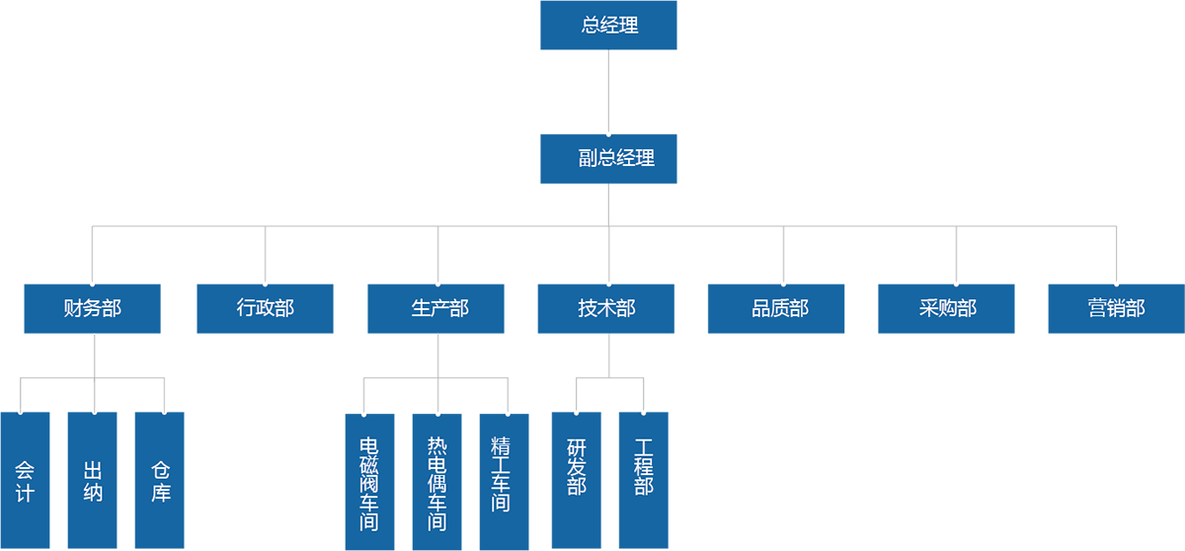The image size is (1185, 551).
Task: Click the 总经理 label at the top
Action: [x=609, y=26]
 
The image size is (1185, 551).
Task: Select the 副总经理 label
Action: [x=616, y=158]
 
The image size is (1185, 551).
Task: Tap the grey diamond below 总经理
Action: [x=608, y=92]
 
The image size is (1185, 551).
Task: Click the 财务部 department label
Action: [x=93, y=308]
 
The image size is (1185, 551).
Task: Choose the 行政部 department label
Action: [x=265, y=308]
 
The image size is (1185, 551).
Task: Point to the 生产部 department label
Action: [x=438, y=308]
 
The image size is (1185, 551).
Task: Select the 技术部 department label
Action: [x=606, y=308]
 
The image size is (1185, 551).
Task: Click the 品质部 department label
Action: [x=780, y=308]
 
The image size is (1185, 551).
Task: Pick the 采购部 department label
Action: [x=947, y=308]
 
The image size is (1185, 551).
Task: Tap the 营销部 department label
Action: [x=1116, y=308]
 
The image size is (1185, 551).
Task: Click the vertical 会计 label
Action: [x=25, y=480]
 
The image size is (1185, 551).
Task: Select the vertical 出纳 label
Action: [x=94, y=480]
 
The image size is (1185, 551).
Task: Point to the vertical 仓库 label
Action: [x=161, y=480]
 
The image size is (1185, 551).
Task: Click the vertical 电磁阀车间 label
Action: [x=368, y=483]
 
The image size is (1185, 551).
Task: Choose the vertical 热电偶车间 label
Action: [x=436, y=483]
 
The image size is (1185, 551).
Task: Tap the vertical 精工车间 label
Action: [x=501, y=473]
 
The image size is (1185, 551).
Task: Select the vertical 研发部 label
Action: [x=577, y=466]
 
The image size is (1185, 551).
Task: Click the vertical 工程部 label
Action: [x=644, y=466]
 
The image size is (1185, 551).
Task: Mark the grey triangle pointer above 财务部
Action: [x=93, y=266]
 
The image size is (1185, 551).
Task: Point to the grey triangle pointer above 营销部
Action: [x=1117, y=266]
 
